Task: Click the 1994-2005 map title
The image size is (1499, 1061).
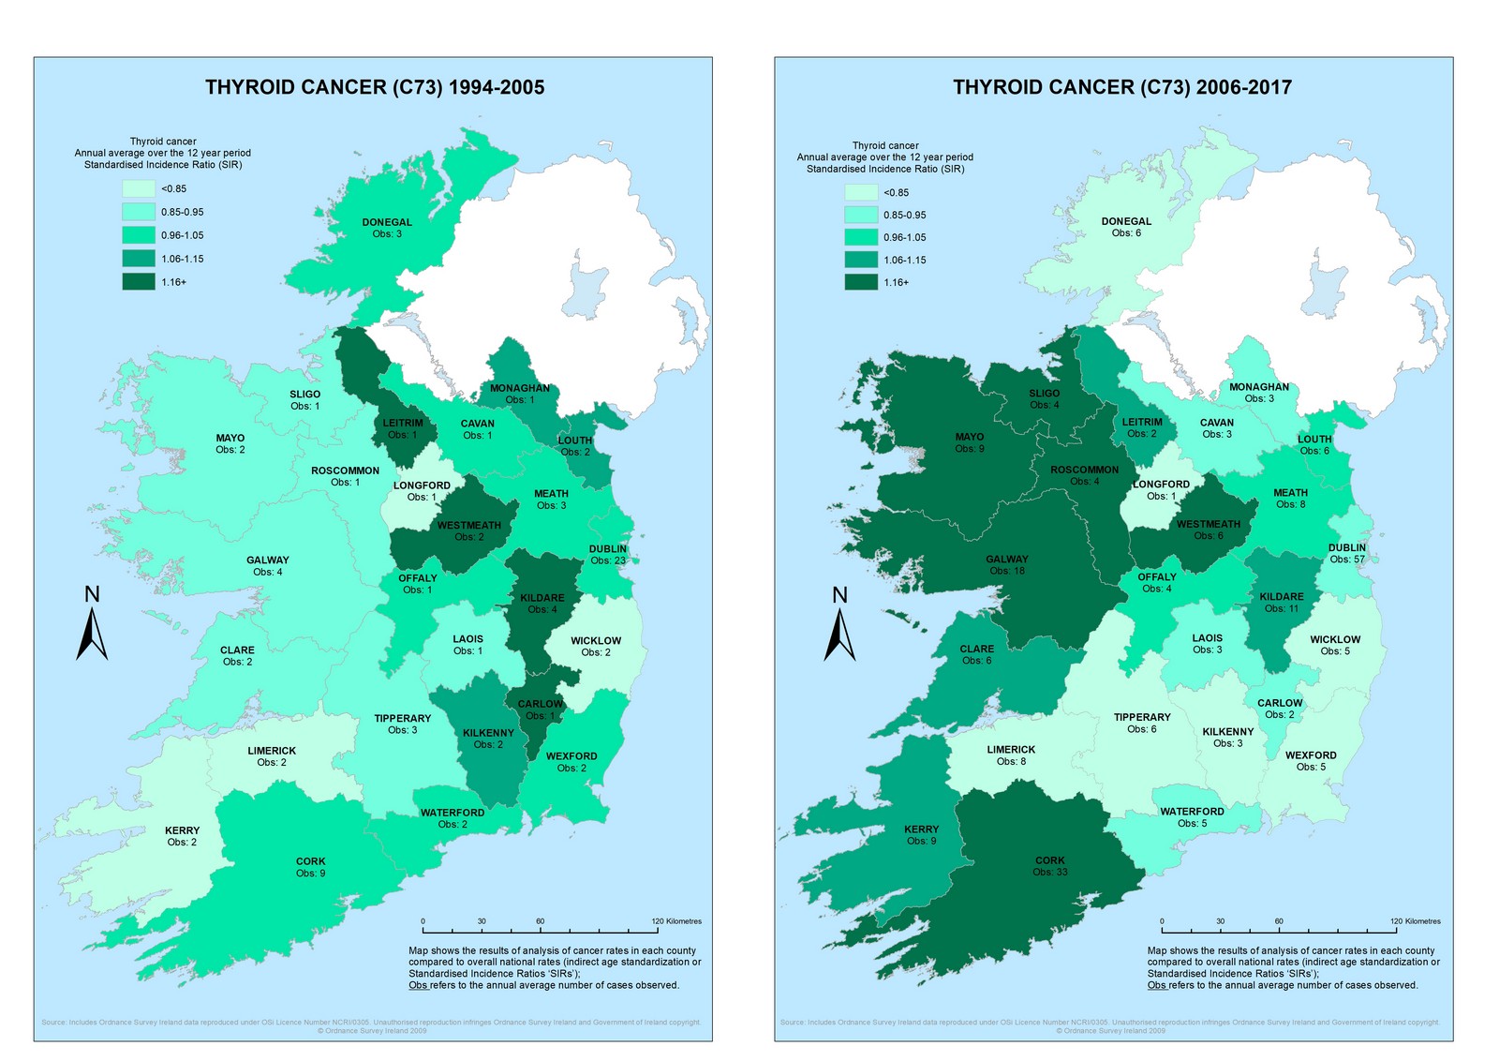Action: tap(375, 87)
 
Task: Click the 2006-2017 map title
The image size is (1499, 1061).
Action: tap(1122, 87)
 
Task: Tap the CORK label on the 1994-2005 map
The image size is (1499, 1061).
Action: tap(310, 867)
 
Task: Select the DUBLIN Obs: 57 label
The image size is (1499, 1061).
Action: tap(1346, 553)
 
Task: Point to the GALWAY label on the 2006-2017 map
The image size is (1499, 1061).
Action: tap(1006, 564)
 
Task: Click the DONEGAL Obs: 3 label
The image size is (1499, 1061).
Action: tap(387, 228)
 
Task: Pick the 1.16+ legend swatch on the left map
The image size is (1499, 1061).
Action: tap(138, 281)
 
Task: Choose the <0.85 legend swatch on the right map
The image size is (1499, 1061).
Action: tap(860, 192)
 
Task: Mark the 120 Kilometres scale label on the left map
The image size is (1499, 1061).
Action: tap(676, 921)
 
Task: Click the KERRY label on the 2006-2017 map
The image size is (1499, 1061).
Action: tap(921, 834)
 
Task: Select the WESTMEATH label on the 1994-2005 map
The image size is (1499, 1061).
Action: tap(468, 530)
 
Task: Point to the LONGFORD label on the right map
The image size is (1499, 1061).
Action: tap(1161, 489)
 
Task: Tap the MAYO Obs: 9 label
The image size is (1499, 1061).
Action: tap(970, 442)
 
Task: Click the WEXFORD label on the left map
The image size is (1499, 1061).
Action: tap(571, 761)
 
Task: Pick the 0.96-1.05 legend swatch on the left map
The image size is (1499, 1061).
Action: tap(138, 235)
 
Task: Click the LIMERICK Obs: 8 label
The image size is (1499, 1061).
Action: tap(1011, 755)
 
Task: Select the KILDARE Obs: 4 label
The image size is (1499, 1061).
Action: tap(542, 603)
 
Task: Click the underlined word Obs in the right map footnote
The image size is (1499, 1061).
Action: tap(1156, 985)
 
